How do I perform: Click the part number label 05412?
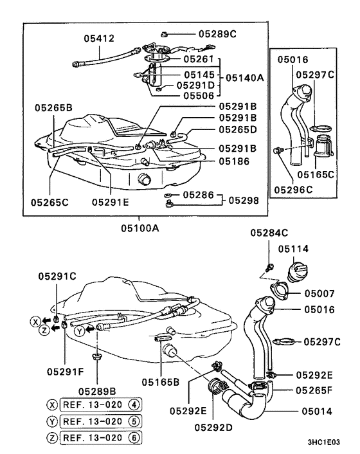(x=98, y=39)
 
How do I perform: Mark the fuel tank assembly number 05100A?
(x=145, y=227)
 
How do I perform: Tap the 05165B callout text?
(x=161, y=381)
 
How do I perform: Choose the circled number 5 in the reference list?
(x=134, y=421)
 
